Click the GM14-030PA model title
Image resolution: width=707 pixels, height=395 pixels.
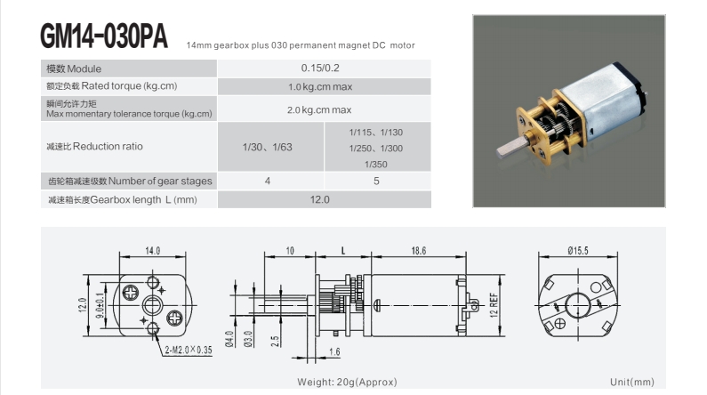click(x=104, y=36)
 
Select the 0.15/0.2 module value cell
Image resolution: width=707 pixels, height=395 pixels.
click(x=320, y=69)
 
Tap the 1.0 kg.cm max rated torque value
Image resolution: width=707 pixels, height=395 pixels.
click(x=320, y=86)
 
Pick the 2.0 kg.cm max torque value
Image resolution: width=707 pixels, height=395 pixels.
click(x=319, y=109)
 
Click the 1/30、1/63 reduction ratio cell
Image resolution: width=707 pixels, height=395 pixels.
click(x=268, y=147)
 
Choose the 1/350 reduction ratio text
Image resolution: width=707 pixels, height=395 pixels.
click(x=376, y=164)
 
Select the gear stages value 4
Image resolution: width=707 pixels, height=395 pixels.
click(x=268, y=181)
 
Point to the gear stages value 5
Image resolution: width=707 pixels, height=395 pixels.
click(x=376, y=181)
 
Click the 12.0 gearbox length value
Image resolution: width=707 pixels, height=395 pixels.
click(x=319, y=199)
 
